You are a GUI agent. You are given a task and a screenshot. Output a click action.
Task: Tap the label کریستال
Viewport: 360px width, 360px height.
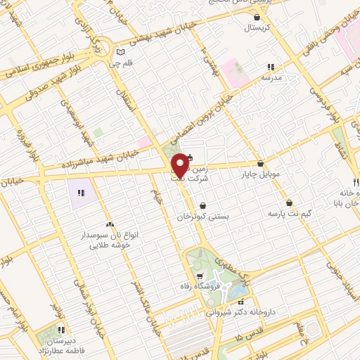(x=257, y=29)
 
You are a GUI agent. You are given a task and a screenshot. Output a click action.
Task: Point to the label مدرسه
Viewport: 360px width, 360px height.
(x=270, y=78)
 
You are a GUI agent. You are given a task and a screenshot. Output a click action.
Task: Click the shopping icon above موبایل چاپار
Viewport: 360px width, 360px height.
(x=261, y=163)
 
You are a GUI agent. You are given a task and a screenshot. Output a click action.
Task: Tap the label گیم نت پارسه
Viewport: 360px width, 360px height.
(x=290, y=212)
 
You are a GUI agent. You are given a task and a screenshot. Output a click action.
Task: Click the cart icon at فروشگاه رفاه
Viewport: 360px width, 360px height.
(x=200, y=276)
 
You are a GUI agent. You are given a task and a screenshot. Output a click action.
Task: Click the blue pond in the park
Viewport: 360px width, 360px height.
(x=240, y=289)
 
